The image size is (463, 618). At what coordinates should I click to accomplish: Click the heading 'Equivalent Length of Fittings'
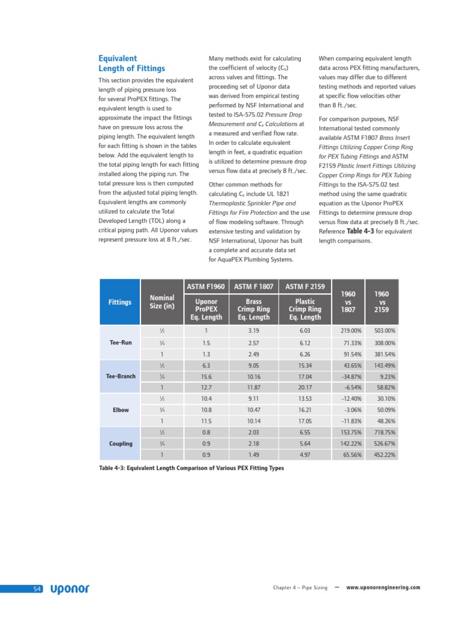click(x=131, y=63)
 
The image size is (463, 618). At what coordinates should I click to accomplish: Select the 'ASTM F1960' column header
click(x=207, y=286)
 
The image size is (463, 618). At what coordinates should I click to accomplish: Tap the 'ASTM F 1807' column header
click(x=253, y=286)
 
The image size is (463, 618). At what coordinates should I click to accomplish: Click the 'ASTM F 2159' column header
click(x=305, y=286)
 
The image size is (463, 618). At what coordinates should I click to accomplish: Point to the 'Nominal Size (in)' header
click(x=162, y=302)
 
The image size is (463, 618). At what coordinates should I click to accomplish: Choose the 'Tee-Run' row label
click(x=121, y=342)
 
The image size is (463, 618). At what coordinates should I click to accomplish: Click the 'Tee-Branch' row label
click(x=121, y=376)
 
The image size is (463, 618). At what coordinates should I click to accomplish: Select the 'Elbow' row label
click(x=121, y=410)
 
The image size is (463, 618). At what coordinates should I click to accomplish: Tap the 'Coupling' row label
click(x=121, y=444)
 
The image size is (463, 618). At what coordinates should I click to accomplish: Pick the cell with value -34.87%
click(x=349, y=376)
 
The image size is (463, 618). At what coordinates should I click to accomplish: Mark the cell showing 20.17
click(x=305, y=387)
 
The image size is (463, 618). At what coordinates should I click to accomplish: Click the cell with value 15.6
click(x=206, y=376)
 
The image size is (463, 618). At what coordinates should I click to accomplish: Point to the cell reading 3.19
click(x=253, y=331)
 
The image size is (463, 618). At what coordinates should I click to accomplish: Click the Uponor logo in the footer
click(x=70, y=588)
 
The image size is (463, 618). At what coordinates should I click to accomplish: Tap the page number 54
click(x=37, y=588)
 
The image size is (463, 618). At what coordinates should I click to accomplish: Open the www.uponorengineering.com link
click(x=383, y=587)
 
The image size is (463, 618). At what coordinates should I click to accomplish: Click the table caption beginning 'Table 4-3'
click(x=191, y=468)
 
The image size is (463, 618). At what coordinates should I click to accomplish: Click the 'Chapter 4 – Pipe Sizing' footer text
click(x=300, y=587)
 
